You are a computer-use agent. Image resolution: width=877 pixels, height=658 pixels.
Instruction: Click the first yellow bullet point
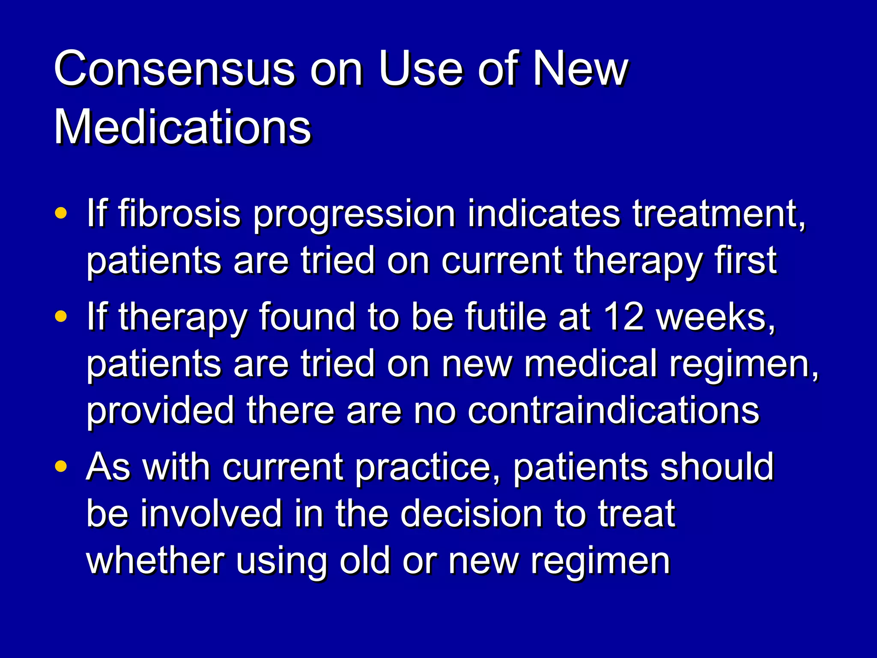tap(61, 213)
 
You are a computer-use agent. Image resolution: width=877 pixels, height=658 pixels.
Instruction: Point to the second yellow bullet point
tap(61, 317)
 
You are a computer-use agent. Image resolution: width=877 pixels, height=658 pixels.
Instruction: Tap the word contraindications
tap(613, 410)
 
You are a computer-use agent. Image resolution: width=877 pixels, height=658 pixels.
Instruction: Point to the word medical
tap(591, 364)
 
